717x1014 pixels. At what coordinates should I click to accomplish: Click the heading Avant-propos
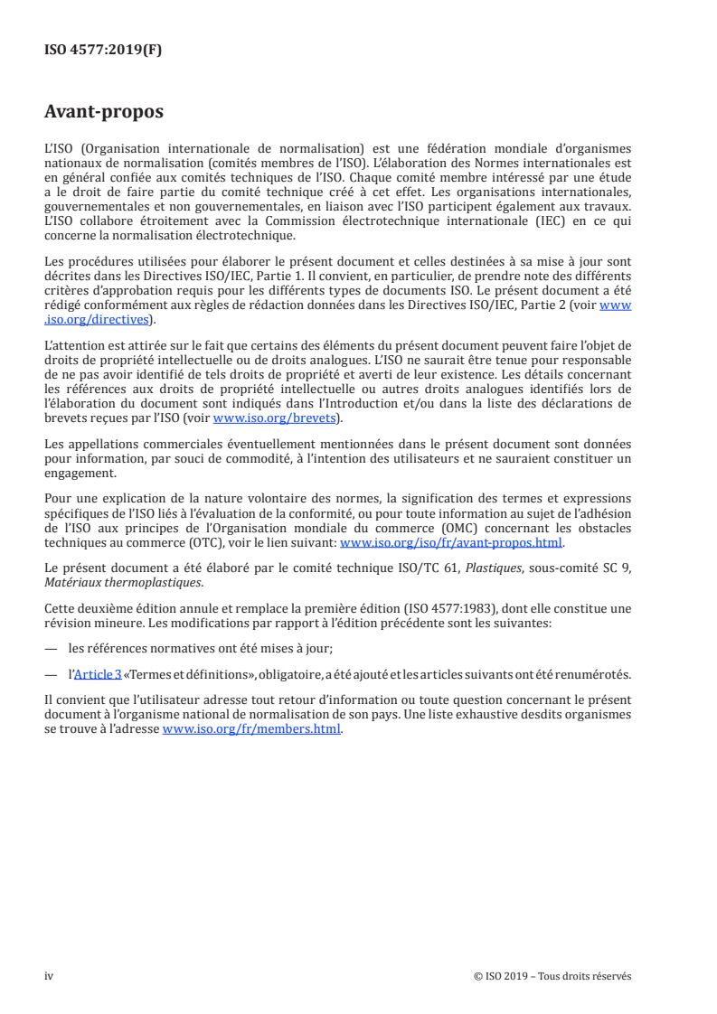tap(104, 113)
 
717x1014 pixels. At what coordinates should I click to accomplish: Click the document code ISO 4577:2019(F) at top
tap(103, 51)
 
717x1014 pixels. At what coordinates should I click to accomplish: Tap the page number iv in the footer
tap(50, 976)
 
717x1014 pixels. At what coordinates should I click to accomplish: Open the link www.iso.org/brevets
tap(274, 418)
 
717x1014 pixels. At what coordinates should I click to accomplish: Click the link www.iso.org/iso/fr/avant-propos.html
tap(450, 543)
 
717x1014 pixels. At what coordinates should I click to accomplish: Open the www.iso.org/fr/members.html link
tap(251, 730)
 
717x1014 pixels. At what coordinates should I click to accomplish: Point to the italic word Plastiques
tap(506, 568)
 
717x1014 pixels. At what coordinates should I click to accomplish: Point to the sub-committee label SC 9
tap(618, 568)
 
